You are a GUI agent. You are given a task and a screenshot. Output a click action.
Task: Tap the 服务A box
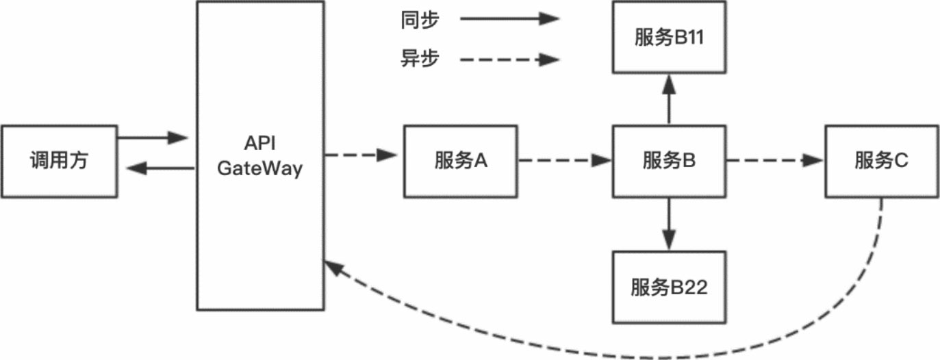pyautogui.click(x=460, y=161)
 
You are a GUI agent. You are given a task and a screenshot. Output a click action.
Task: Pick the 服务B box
pyautogui.click(x=669, y=161)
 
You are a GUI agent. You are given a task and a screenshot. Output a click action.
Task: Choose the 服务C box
pyautogui.click(x=881, y=161)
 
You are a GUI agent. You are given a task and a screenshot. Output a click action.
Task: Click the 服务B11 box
pyautogui.click(x=669, y=38)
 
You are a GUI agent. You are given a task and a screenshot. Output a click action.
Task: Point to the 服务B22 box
pyautogui.click(x=669, y=287)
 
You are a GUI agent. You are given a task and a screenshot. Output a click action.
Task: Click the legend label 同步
pyautogui.click(x=420, y=20)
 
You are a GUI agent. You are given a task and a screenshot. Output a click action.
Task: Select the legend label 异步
pyautogui.click(x=420, y=60)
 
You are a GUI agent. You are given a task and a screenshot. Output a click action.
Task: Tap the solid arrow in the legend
pyautogui.click(x=510, y=20)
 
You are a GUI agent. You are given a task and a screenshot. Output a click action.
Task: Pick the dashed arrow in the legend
pyautogui.click(x=510, y=60)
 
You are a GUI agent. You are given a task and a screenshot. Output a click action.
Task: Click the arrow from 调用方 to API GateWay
pyautogui.click(x=152, y=138)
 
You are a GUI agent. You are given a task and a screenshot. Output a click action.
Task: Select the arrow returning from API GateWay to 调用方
pyautogui.click(x=162, y=168)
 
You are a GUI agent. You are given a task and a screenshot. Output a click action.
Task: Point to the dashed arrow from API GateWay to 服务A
pyautogui.click(x=361, y=155)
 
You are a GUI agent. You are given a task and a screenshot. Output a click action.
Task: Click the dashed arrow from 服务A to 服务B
pyautogui.click(x=564, y=161)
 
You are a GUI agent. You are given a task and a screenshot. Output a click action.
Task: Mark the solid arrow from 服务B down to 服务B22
pyautogui.click(x=669, y=222)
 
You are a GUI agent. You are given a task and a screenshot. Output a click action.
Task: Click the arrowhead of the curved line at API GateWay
pyautogui.click(x=333, y=268)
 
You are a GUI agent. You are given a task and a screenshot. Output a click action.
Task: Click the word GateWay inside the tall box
pyautogui.click(x=260, y=169)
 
